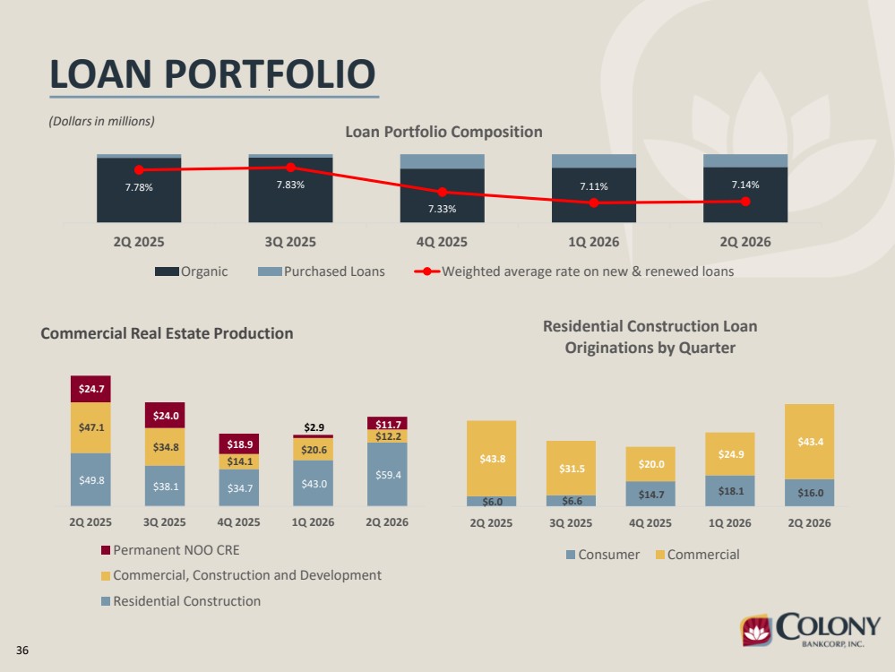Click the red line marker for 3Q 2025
click(x=290, y=168)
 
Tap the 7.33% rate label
click(x=443, y=209)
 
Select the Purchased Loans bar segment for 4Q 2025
click(x=443, y=161)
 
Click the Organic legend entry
click(x=191, y=271)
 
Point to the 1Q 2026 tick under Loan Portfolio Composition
click(x=594, y=242)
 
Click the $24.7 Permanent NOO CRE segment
click(x=90, y=389)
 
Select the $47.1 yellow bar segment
click(x=90, y=427)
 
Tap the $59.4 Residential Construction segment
click(x=387, y=475)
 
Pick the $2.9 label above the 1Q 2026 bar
click(x=314, y=427)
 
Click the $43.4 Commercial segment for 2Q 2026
click(x=809, y=442)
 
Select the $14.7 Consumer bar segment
click(x=650, y=494)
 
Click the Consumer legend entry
click(x=603, y=555)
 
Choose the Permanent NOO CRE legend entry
click(x=170, y=550)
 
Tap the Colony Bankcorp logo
click(x=811, y=630)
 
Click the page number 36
click(x=22, y=650)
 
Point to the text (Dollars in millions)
click(x=101, y=121)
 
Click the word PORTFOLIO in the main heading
click(x=270, y=74)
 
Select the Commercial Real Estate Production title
click(x=167, y=333)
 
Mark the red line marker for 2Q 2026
click(x=745, y=202)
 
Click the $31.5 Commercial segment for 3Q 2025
click(x=571, y=469)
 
